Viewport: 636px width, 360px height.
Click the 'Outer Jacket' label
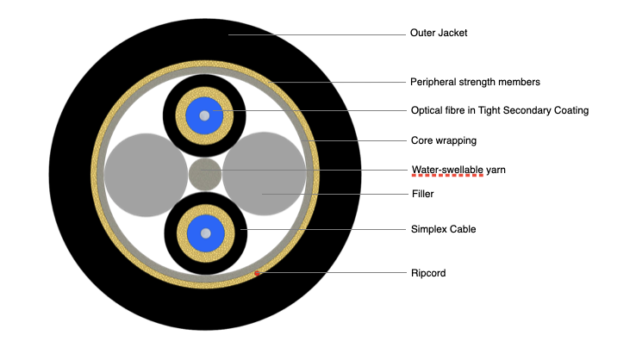pyautogui.click(x=439, y=34)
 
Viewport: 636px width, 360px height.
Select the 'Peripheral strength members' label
pyautogui.click(x=475, y=83)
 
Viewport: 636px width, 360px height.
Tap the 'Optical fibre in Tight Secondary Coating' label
pyautogui.click(x=499, y=110)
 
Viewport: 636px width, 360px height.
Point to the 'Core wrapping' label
pyautogui.click(x=443, y=140)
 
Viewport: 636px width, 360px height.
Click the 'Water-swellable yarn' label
pyautogui.click(x=458, y=170)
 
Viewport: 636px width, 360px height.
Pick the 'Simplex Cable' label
pyautogui.click(x=443, y=229)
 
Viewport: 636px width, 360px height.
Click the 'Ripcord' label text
pyautogui.click(x=428, y=273)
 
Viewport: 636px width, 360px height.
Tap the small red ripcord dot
pyautogui.click(x=257, y=274)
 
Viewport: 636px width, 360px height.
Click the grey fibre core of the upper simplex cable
pyautogui.click(x=204, y=115)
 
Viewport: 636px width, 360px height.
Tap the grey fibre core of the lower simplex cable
pyautogui.click(x=204, y=233)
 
